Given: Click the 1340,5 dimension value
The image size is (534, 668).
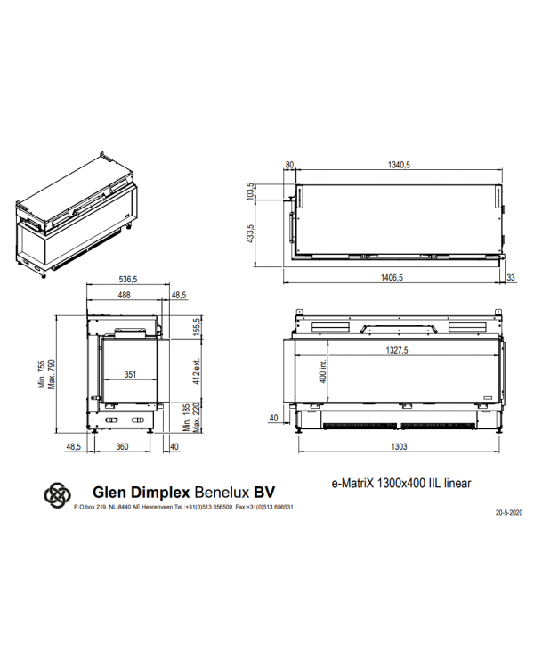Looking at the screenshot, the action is tap(399, 165).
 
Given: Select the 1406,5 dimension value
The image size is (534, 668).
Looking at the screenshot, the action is tap(392, 278).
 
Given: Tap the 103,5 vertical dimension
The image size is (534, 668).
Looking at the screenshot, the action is tap(250, 191).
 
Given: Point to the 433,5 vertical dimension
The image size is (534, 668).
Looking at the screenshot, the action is tap(250, 234).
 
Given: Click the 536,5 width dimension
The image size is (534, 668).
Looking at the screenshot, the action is tap(128, 280).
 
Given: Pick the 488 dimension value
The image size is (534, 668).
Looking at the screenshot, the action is tap(124, 295).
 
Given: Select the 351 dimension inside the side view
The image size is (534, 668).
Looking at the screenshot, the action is tap(130, 374).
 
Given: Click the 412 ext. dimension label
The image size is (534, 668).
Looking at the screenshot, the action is tap(197, 371).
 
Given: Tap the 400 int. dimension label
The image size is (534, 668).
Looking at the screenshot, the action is tap(323, 371).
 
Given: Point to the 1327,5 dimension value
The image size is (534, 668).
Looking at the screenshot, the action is tap(397, 350).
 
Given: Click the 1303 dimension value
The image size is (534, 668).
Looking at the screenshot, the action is tap(399, 446).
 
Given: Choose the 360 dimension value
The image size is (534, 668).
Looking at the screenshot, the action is tap(122, 446).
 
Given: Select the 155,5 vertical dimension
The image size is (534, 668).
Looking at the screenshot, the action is tap(197, 327).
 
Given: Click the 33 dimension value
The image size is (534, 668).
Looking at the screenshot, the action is tap(511, 278).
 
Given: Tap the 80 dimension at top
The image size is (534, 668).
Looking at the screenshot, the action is tap(289, 165).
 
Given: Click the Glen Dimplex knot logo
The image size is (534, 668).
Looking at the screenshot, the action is tap(58, 495).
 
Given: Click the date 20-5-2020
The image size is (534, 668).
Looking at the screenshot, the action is tap(509, 513).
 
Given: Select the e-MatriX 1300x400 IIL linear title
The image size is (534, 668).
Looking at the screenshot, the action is tap(401, 483).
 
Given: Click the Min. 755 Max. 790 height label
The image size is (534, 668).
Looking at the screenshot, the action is tap(47, 374).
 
